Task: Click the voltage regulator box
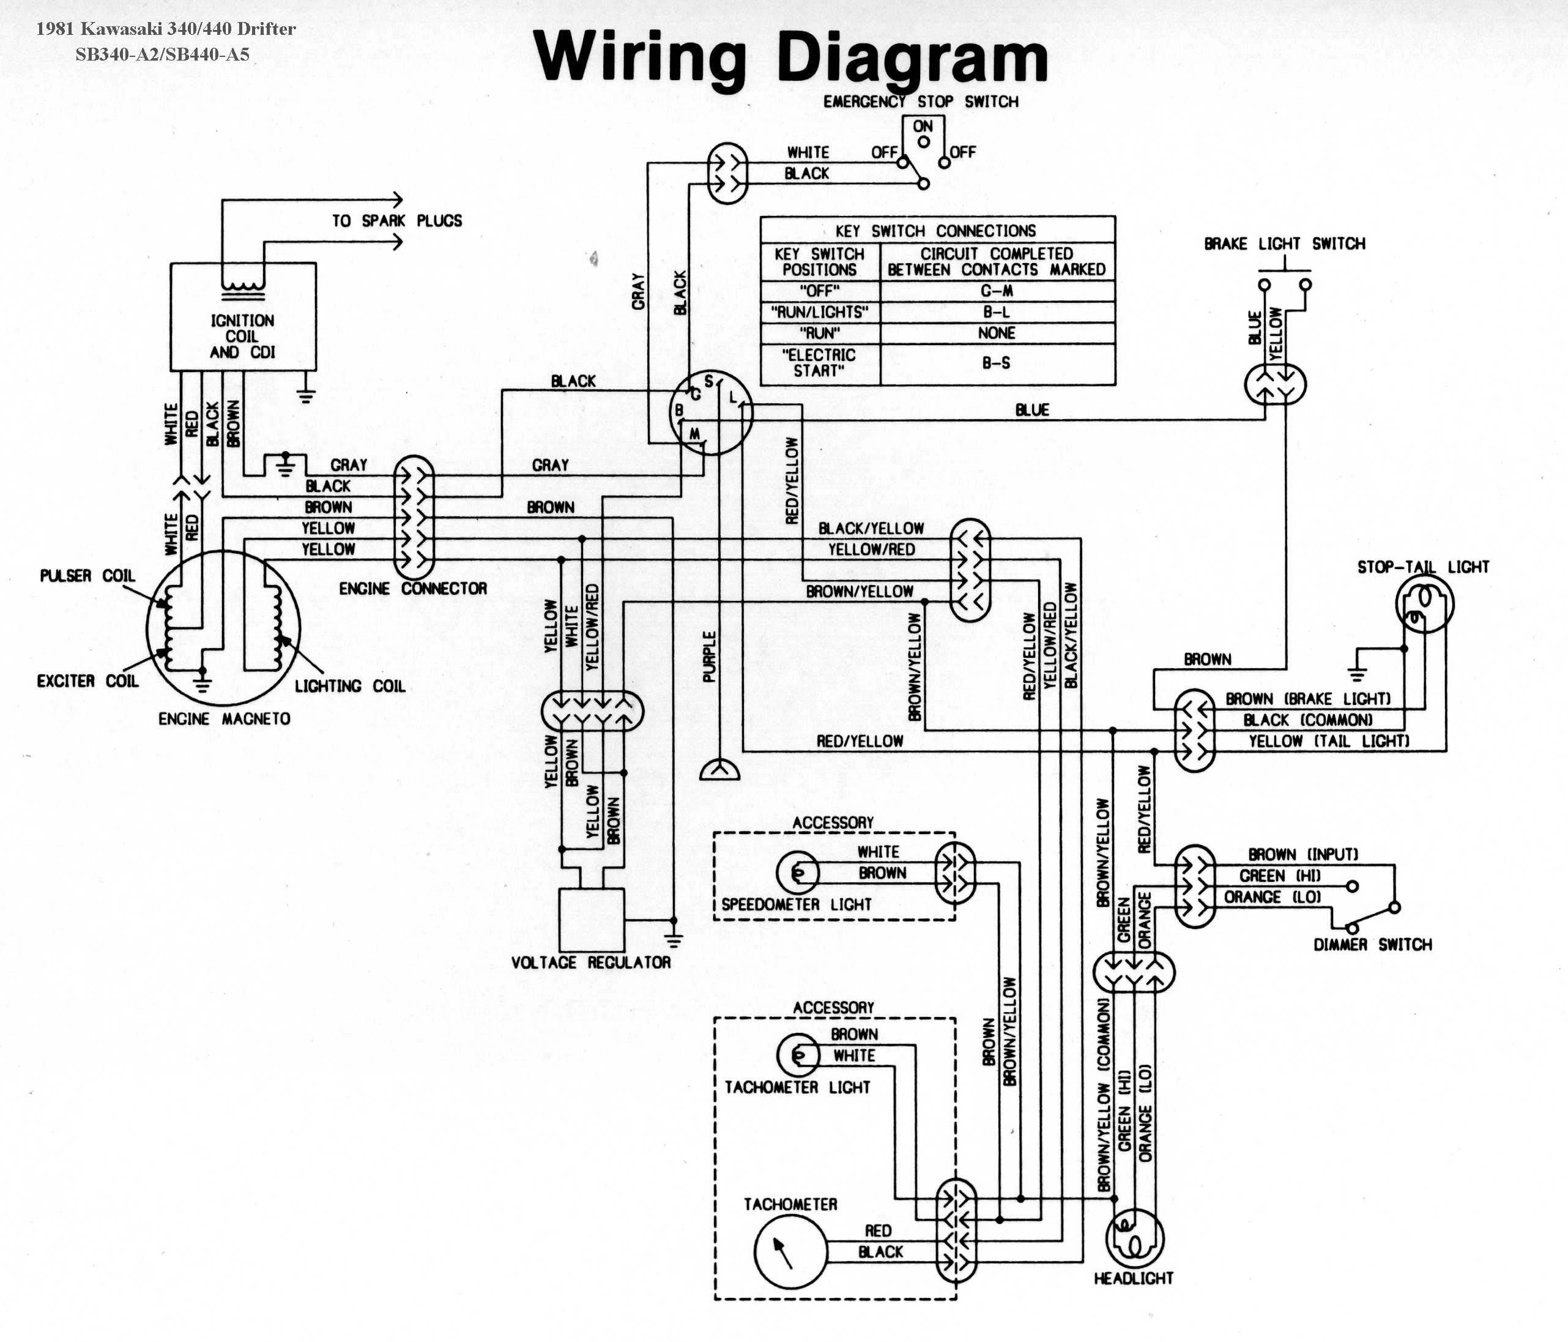(591, 919)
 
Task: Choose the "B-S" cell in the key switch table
(997, 363)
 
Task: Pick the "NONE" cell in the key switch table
(997, 333)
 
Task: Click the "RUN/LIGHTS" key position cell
(820, 312)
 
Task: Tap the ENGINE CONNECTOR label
(412, 588)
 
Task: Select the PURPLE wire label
(709, 656)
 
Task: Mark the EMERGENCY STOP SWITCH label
(921, 102)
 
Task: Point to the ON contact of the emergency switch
(923, 141)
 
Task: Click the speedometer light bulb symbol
(798, 873)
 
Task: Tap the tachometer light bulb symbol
(798, 1054)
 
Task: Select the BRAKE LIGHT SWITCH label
(1285, 244)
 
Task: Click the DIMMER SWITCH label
(1373, 945)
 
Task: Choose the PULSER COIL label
(87, 576)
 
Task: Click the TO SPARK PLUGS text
(396, 221)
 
